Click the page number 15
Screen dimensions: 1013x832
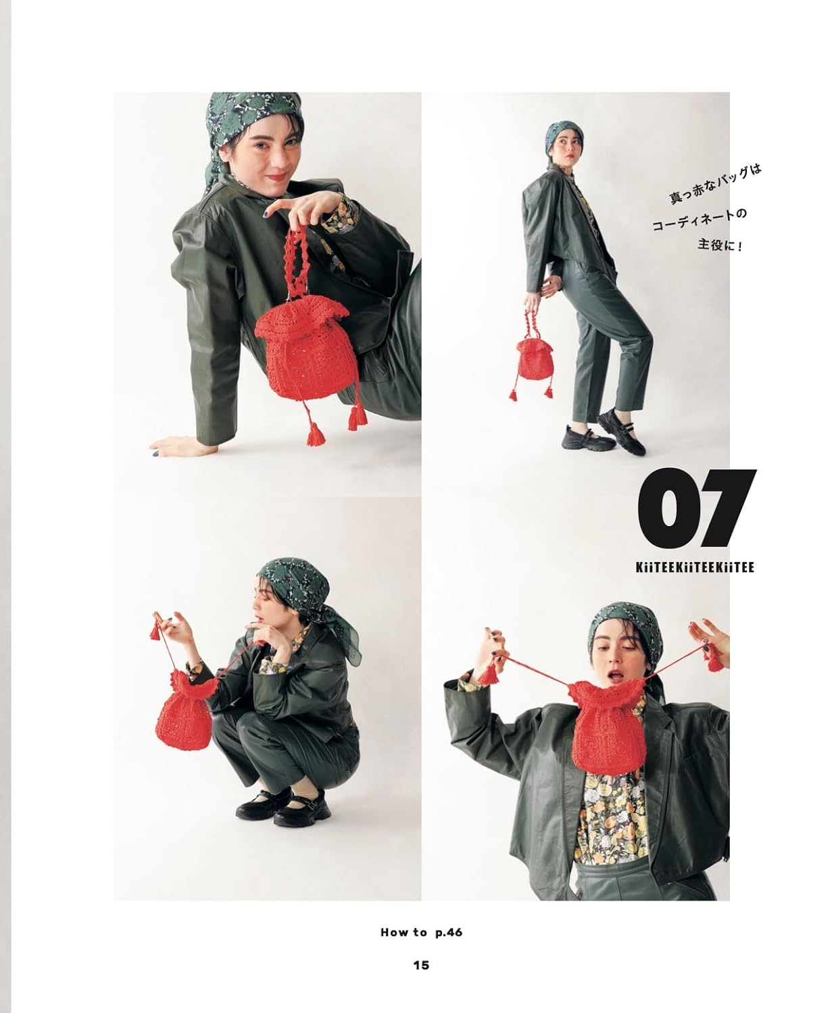[x=420, y=965]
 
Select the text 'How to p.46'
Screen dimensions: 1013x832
[x=421, y=933]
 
